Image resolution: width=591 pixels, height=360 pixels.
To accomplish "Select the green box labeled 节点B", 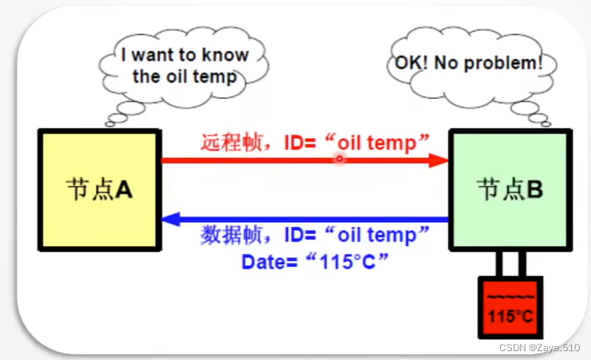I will click(510, 191).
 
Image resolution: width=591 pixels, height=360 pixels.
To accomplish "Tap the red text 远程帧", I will click(232, 141).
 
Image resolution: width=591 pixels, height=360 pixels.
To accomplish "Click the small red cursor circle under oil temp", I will click(339, 158).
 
